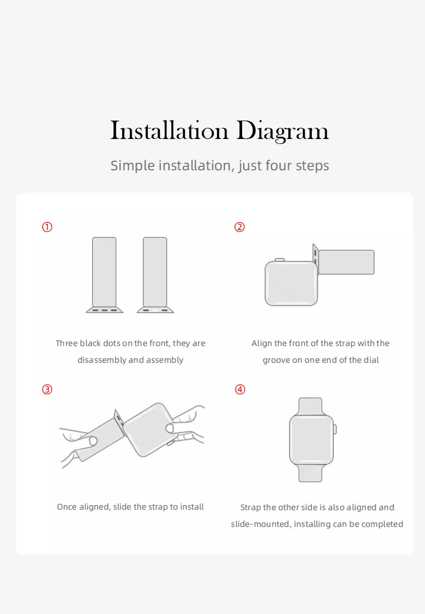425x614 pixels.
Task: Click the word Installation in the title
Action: (x=169, y=130)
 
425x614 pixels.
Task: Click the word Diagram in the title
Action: (x=283, y=131)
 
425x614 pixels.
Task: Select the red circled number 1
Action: (x=47, y=227)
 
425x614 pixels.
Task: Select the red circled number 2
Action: (x=239, y=227)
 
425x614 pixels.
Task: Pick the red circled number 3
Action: (x=47, y=390)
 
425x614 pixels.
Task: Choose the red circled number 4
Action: (x=240, y=390)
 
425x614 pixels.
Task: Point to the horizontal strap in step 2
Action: (x=346, y=262)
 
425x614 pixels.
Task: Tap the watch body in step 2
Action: (x=292, y=284)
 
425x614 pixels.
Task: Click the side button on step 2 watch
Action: (x=279, y=260)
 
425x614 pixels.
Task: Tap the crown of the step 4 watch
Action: (x=335, y=429)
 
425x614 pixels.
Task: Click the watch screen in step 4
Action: (x=311, y=439)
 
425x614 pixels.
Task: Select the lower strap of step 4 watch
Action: (x=310, y=473)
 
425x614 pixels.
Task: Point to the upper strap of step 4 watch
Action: (x=310, y=406)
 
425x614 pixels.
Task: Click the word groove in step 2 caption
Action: (x=276, y=360)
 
